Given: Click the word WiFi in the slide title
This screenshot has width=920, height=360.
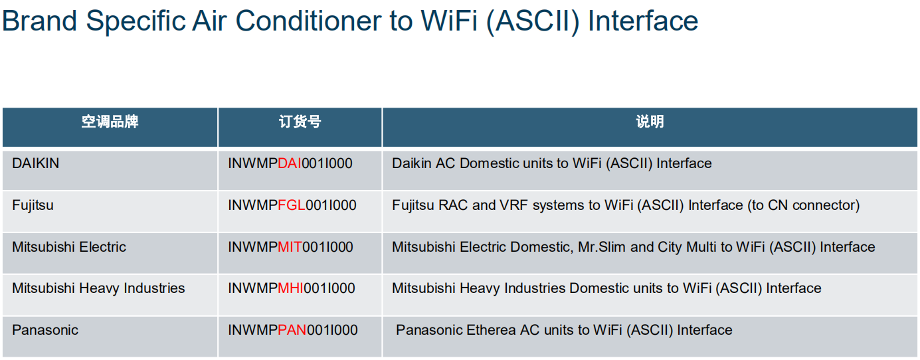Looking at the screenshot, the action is tap(449, 21).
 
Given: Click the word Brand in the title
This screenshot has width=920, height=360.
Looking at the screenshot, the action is tap(39, 21).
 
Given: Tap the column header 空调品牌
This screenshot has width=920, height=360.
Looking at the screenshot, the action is tap(110, 122).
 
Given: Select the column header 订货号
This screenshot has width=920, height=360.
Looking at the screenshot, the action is tap(300, 122).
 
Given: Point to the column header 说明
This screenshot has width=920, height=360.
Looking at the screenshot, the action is tap(650, 122).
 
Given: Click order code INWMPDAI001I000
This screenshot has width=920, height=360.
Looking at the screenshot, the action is tap(290, 163).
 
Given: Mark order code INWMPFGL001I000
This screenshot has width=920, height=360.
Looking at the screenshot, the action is tap(292, 205).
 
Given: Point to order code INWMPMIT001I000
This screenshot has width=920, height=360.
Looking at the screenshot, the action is tap(290, 247).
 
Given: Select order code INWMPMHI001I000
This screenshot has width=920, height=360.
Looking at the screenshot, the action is tap(291, 288).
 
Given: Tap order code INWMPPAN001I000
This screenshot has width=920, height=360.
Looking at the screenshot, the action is tap(293, 330).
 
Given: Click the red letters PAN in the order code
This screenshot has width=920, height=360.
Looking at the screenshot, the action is tap(292, 330).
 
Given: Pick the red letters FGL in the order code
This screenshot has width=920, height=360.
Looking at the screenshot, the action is tap(292, 205).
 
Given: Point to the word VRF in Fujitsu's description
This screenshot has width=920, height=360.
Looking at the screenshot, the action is tap(513, 205).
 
